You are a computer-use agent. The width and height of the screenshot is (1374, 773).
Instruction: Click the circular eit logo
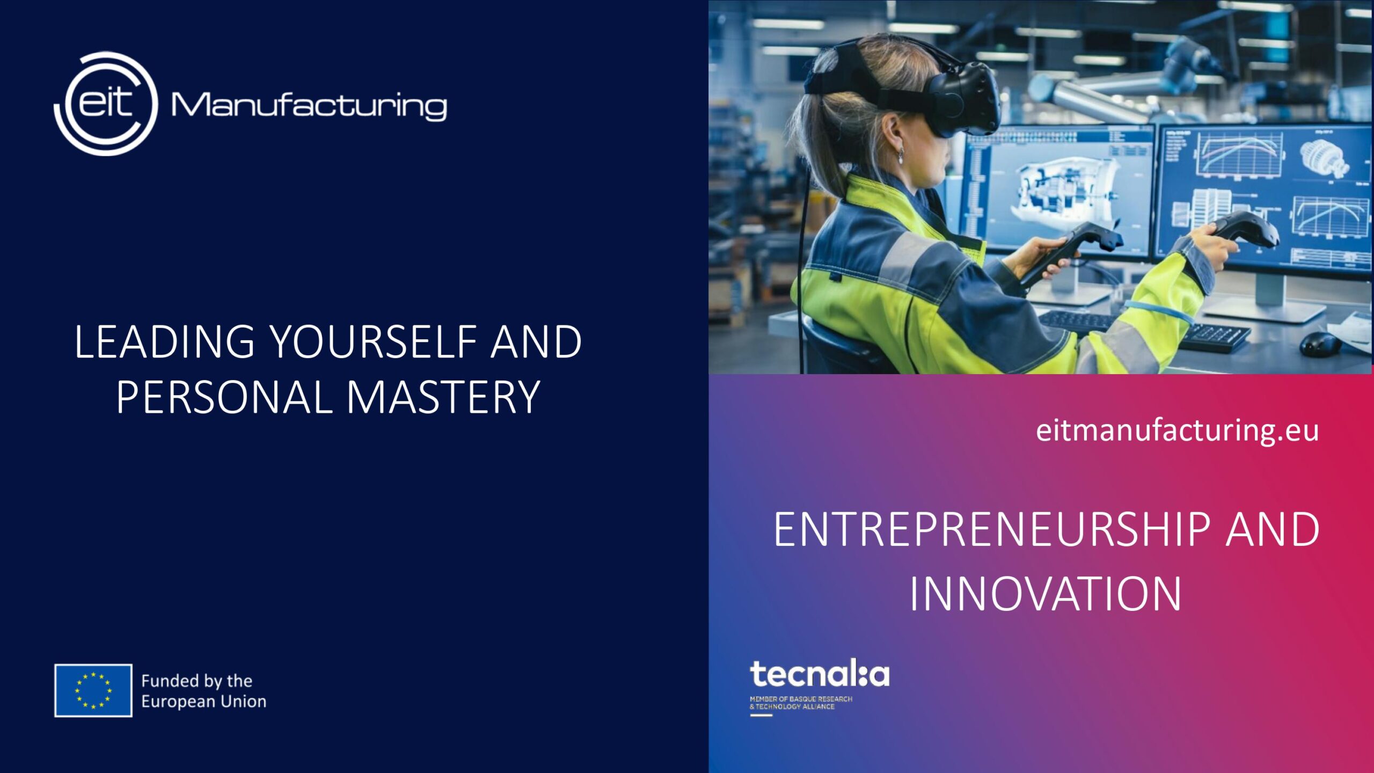(106, 104)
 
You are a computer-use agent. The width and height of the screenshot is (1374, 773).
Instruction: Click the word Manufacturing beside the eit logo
(309, 106)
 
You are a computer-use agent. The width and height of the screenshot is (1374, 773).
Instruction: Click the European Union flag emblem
(93, 690)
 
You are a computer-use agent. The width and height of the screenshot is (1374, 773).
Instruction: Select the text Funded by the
(196, 681)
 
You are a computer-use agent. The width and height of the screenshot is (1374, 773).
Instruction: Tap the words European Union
(203, 701)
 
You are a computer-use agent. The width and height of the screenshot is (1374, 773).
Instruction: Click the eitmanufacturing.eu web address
(1177, 431)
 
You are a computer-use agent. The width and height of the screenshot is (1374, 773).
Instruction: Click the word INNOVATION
(1046, 594)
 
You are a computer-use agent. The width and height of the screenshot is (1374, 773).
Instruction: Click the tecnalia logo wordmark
(820, 674)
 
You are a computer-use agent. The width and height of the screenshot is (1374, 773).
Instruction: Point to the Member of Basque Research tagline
(801, 703)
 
